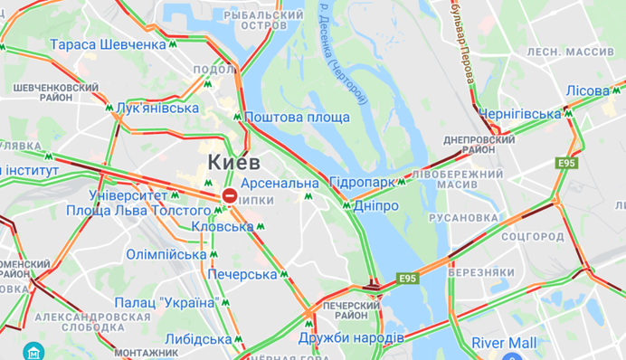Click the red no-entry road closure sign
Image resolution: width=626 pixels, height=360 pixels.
pyautogui.click(x=230, y=195)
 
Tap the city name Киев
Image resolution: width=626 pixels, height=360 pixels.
pyautogui.click(x=233, y=164)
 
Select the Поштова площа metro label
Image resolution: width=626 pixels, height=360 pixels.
pyautogui.click(x=297, y=118)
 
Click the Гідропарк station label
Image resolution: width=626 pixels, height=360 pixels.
pyautogui.click(x=362, y=182)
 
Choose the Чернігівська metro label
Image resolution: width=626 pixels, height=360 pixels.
pyautogui.click(x=521, y=113)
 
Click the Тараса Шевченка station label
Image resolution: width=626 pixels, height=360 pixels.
pyautogui.click(x=109, y=44)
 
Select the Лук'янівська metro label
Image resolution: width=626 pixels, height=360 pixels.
pyautogui.click(x=157, y=108)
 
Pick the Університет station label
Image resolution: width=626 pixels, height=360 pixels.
pyautogui.click(x=128, y=195)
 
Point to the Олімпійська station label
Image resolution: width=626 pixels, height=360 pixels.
pyautogui.click(x=166, y=254)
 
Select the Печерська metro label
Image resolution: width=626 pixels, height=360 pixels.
pyautogui.click(x=241, y=274)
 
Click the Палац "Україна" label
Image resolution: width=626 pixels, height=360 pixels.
pyautogui.click(x=166, y=302)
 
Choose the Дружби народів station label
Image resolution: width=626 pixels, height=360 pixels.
pyautogui.click(x=351, y=337)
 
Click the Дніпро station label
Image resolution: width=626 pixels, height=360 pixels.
pyautogui.click(x=375, y=206)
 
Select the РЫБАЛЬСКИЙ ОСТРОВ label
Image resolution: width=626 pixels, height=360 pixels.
pyautogui.click(x=261, y=21)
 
